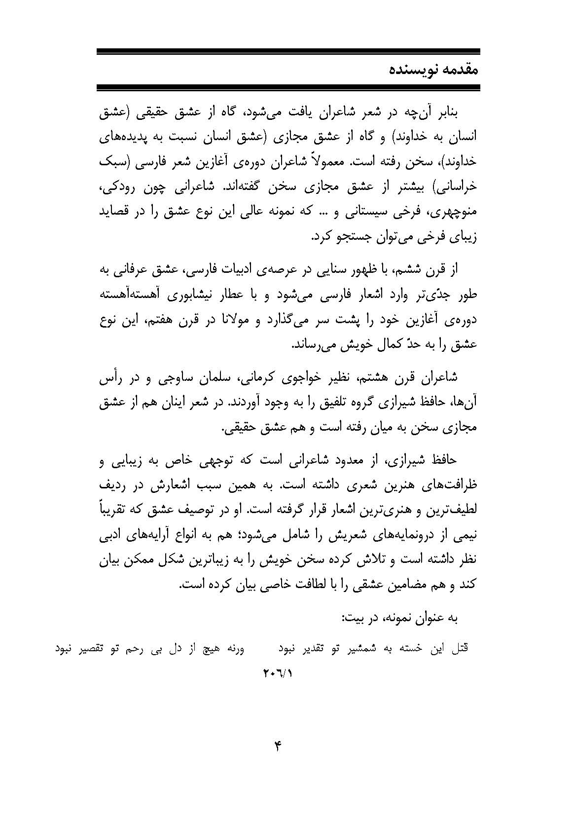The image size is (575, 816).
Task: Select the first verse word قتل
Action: pos(461,649)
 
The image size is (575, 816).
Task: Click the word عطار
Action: pos(232,295)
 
